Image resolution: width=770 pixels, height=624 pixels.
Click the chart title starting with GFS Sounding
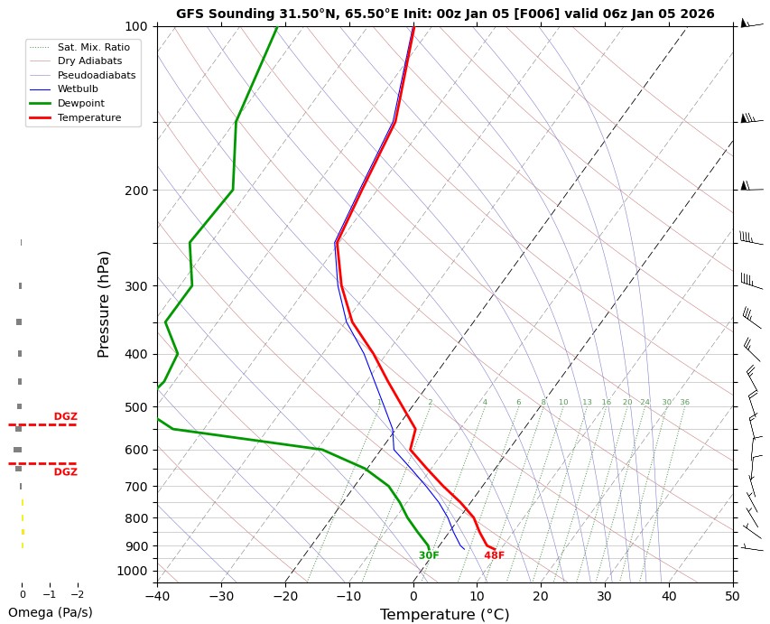coord(445,14)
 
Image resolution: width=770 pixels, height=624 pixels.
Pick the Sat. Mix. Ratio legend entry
coord(93,46)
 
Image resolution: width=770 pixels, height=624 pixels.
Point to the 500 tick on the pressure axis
coord(136,407)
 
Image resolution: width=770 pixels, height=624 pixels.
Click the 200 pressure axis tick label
coord(136,191)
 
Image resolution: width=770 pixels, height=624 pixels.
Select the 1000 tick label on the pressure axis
coord(133,571)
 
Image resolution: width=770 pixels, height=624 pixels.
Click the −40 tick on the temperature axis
coord(157,596)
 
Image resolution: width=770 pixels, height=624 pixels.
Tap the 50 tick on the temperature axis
coord(733,596)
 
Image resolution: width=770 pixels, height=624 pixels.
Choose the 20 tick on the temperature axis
coord(541,596)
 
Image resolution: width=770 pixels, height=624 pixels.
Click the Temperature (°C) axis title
coord(445,614)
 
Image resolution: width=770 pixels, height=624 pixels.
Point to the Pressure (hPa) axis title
coord(104,303)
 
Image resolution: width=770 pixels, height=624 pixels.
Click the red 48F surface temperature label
coord(494,555)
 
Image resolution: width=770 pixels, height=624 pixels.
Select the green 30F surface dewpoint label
coord(429,555)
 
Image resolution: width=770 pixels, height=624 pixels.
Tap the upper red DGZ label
coord(65,416)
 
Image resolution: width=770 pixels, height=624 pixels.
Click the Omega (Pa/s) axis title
coord(50,612)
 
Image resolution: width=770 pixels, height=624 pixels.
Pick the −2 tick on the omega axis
coord(77,595)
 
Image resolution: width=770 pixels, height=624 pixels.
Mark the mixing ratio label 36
coord(684,402)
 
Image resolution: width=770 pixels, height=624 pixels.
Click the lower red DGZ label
coord(65,472)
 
